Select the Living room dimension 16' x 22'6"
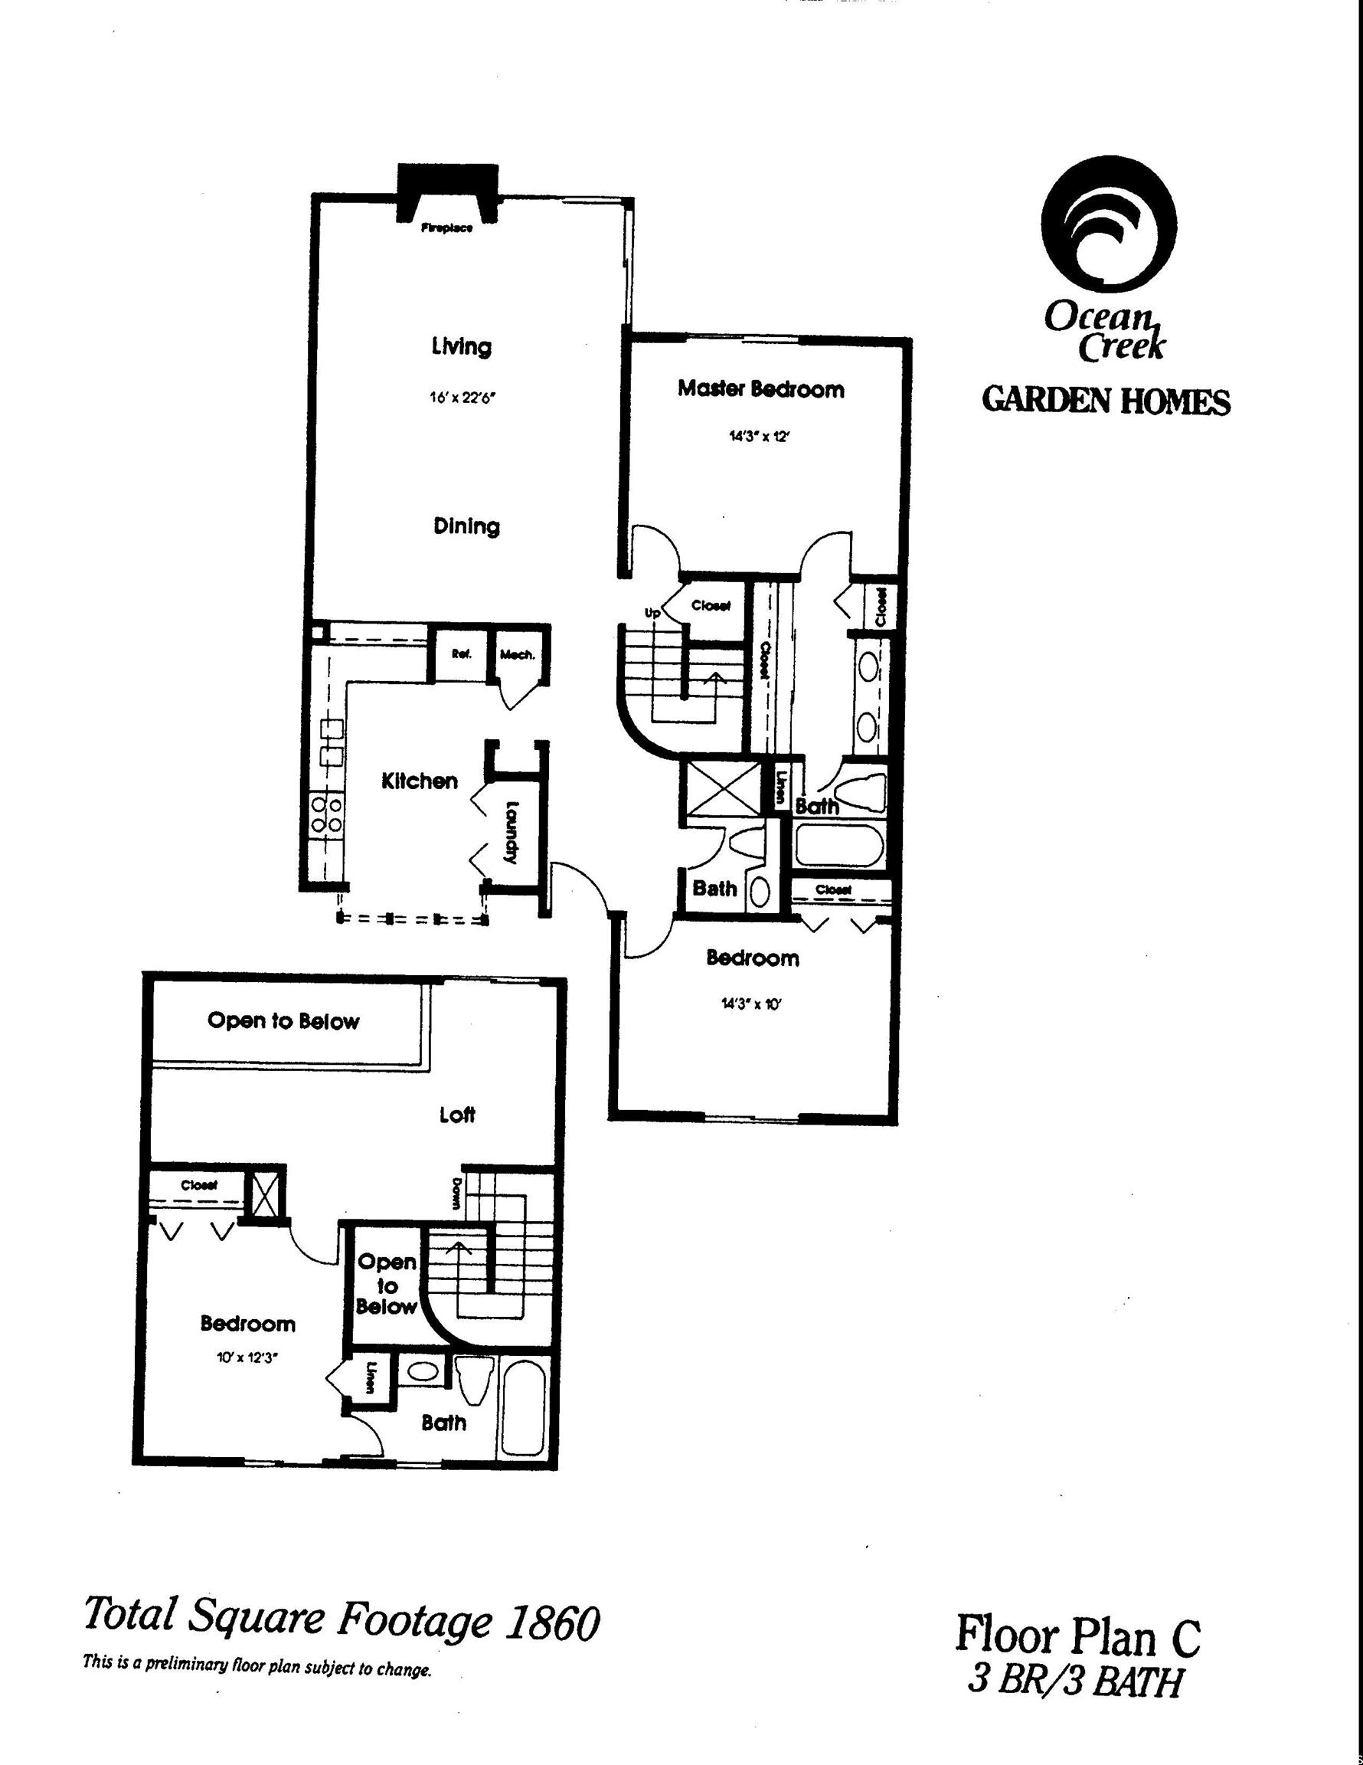coord(457,398)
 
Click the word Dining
coord(466,526)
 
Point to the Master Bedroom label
coord(760,389)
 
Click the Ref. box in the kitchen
coord(461,655)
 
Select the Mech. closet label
coord(517,655)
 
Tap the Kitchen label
coord(420,781)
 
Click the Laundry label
coord(511,832)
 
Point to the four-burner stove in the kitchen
coord(326,814)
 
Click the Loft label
coord(457,1115)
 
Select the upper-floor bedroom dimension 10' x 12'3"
coord(247,1358)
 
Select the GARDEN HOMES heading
coord(1106,401)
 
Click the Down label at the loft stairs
coord(456,1193)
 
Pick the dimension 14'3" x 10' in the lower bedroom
coord(751,1004)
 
